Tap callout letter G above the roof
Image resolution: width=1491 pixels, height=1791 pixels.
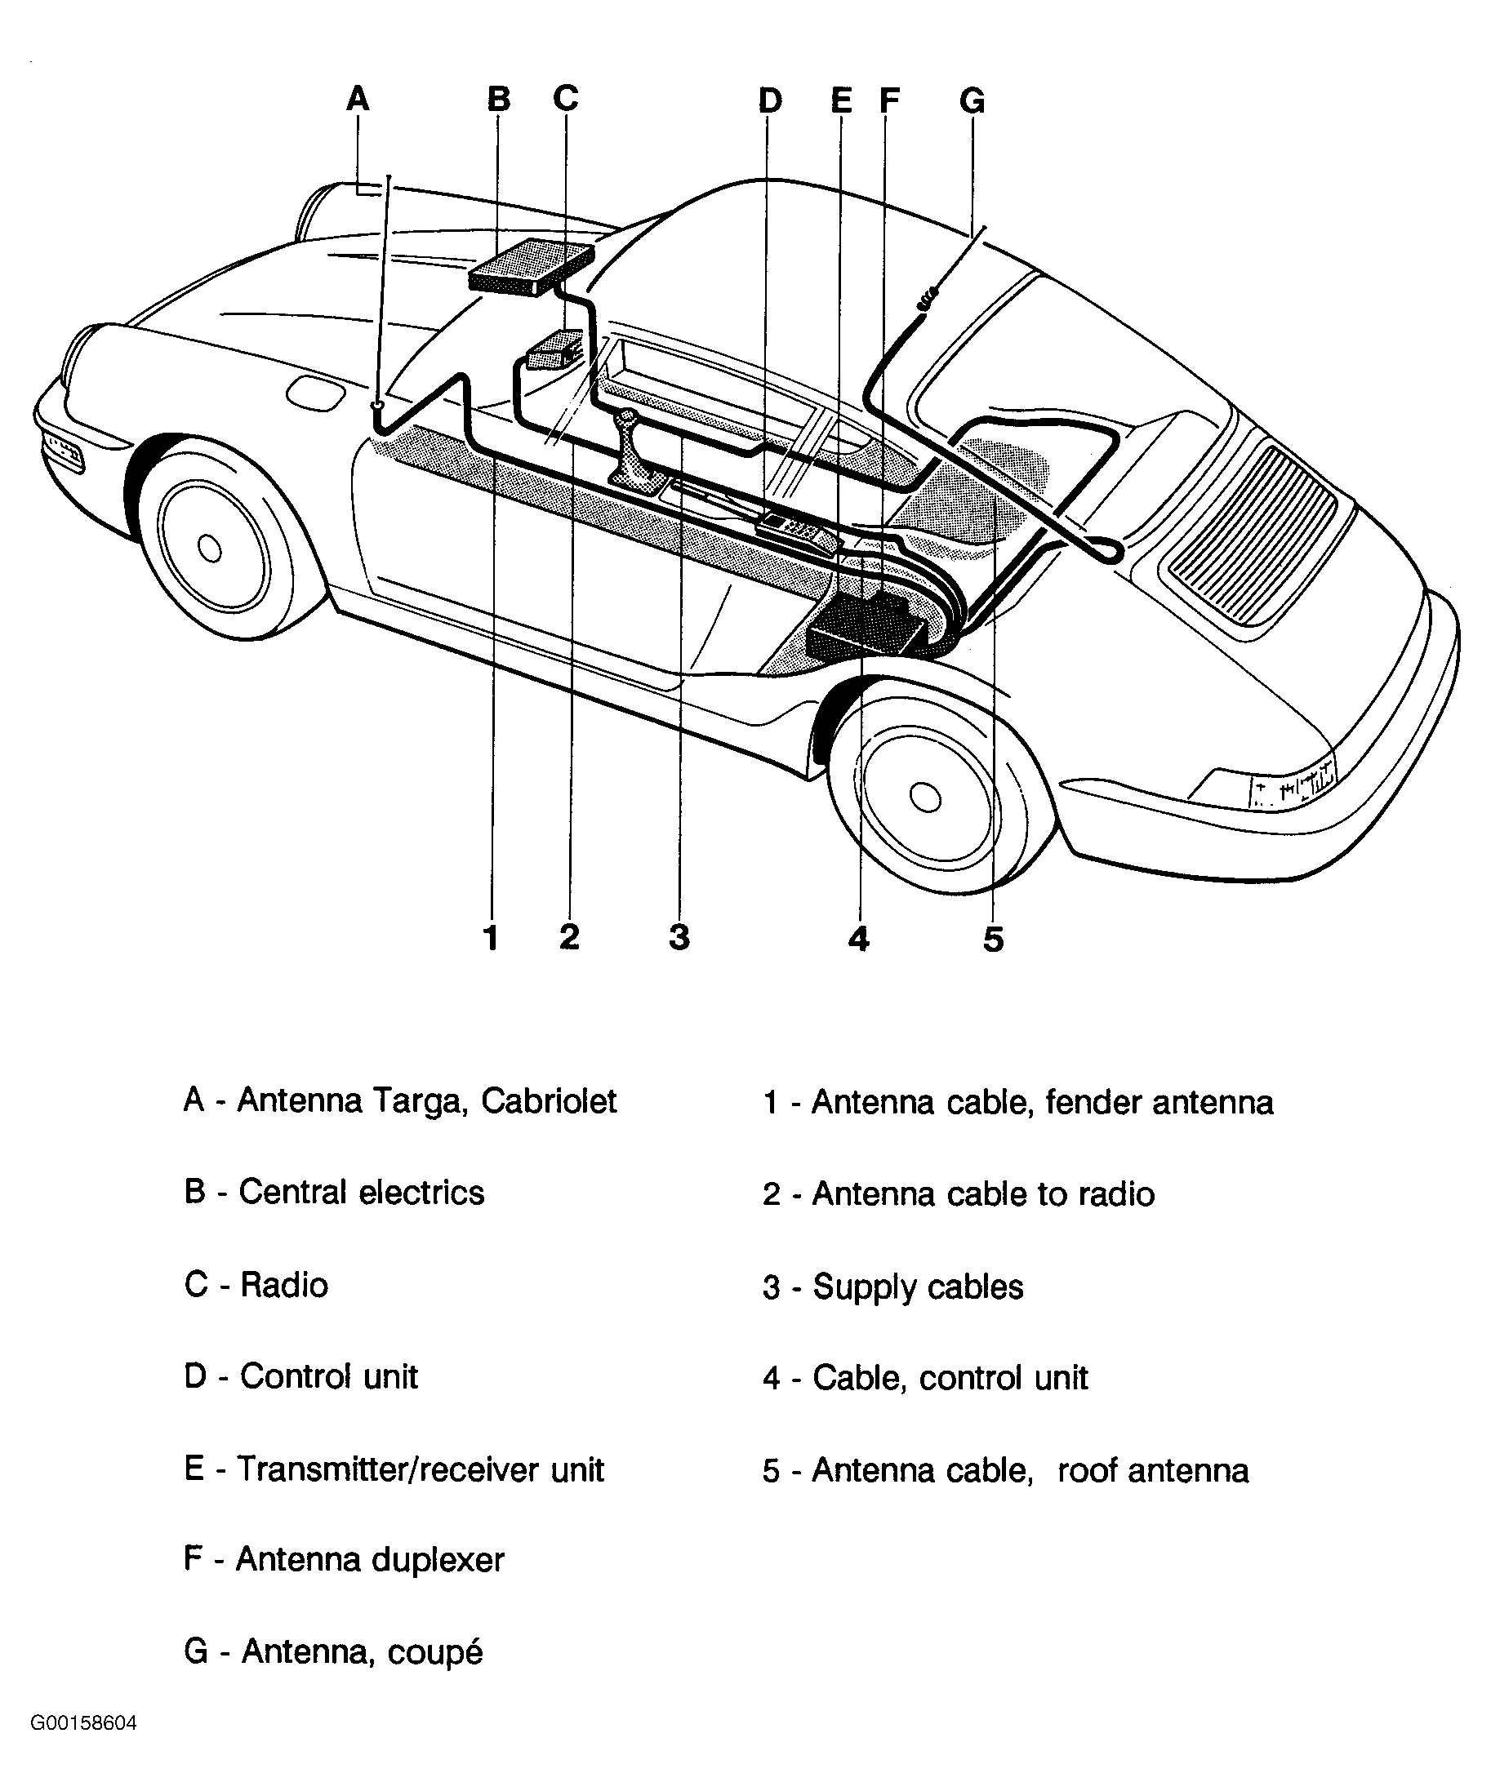972,100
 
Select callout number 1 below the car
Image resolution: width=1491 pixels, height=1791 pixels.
491,937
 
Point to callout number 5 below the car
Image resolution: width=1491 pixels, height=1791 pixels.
993,939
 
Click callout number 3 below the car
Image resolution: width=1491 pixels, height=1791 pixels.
679,936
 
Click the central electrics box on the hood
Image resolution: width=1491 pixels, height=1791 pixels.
531,267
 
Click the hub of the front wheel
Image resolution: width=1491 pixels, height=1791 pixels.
209,549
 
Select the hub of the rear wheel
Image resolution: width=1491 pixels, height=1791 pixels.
924,797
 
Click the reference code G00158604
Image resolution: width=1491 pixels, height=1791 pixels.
83,1722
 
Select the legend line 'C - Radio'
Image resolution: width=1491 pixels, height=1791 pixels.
256,1284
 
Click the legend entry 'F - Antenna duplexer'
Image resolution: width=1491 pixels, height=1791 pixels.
344,1559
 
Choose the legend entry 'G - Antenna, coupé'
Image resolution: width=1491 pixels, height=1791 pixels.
333,1651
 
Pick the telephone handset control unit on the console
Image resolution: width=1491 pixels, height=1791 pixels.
799,534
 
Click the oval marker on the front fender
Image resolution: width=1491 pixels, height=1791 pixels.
316,395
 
